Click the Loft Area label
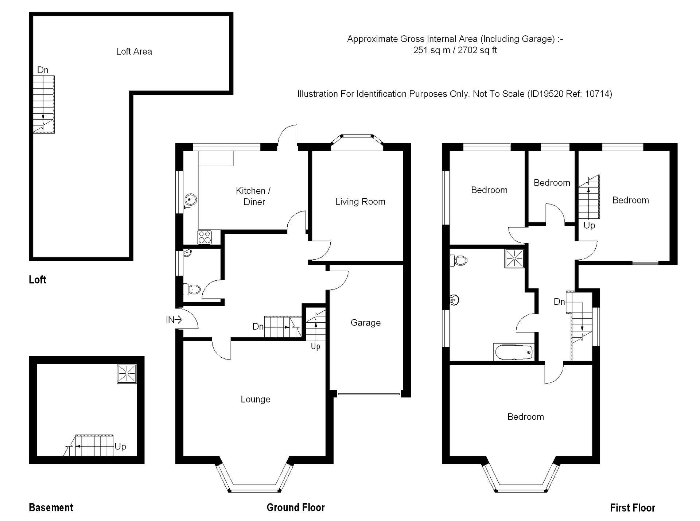tap(134, 51)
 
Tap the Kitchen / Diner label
tap(253, 196)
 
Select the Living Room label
tap(360, 202)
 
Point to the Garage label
tap(365, 323)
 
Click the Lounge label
tap(256, 399)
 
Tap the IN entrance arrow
tap(174, 320)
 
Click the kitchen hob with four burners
tap(204, 237)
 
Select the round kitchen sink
tap(190, 199)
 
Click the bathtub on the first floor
tap(513, 352)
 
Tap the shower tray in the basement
tap(127, 374)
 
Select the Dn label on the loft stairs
tap(43, 70)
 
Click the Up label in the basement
tap(120, 447)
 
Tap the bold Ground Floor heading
tap(296, 507)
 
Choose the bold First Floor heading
tap(632, 508)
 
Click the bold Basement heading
tap(51, 507)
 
